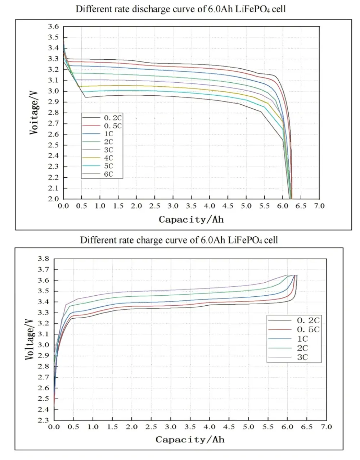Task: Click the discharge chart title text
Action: (x=180, y=9)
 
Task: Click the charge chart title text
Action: (x=179, y=240)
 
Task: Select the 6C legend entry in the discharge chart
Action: (x=108, y=174)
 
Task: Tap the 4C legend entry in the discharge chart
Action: (x=108, y=158)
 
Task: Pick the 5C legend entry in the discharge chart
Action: (x=108, y=166)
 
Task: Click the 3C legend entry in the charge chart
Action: (x=302, y=357)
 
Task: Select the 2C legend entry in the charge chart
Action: (x=302, y=348)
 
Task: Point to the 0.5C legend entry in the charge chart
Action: (x=308, y=329)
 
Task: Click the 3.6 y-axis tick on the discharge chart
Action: (x=53, y=27)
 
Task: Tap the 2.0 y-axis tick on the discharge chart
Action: (x=53, y=199)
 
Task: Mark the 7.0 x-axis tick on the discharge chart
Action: (x=319, y=206)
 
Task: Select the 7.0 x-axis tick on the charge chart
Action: (x=326, y=427)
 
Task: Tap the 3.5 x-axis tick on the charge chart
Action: (x=190, y=427)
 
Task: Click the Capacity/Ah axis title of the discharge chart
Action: (x=191, y=219)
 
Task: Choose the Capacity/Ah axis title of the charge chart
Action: (x=190, y=439)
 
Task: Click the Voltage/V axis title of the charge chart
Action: (x=30, y=340)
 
